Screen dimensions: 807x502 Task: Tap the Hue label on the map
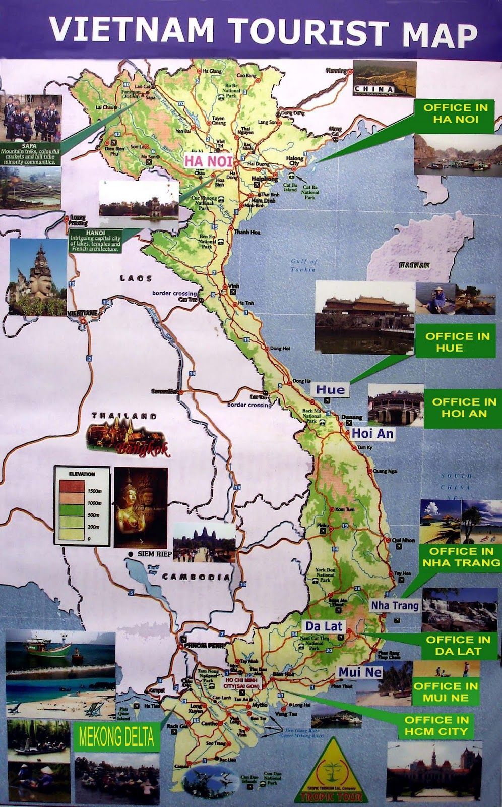tap(331, 389)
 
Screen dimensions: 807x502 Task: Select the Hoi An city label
tap(372, 433)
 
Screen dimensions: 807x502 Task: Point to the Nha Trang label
tap(395, 605)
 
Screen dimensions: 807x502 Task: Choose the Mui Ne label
tap(360, 672)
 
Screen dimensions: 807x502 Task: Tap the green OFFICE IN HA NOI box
tap(455, 113)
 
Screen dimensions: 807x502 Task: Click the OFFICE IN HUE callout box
tap(457, 341)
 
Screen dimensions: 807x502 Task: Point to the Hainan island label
tap(414, 264)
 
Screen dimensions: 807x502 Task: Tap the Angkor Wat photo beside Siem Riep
tap(204, 543)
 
